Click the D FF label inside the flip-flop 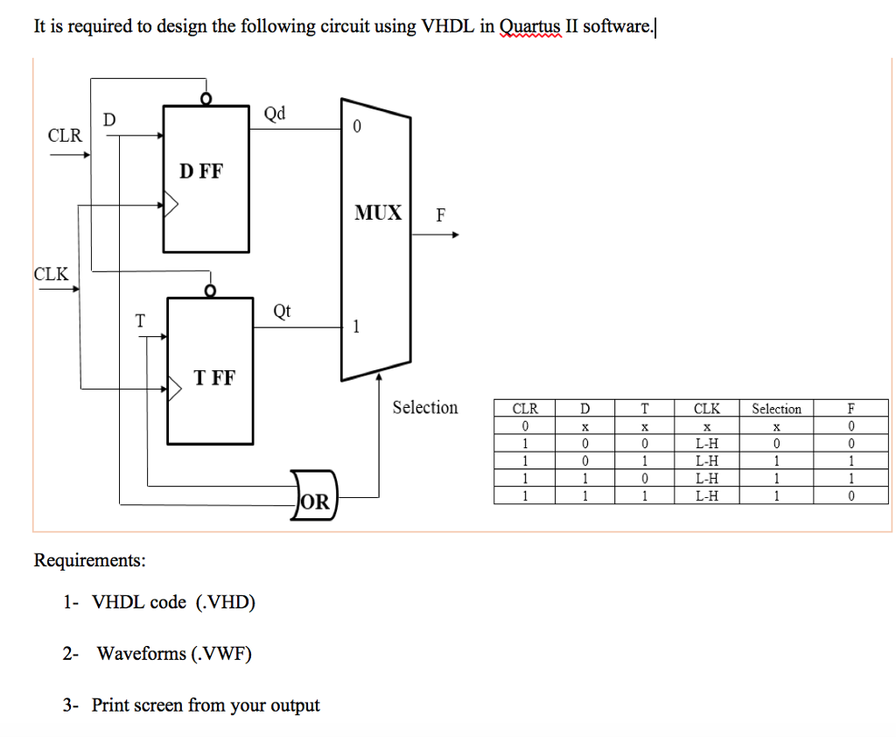click(201, 171)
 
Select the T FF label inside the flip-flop click(214, 378)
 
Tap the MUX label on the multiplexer click(378, 212)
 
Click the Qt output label click(283, 311)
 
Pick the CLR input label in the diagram click(65, 136)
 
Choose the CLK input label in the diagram click(51, 273)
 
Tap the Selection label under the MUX click(424, 407)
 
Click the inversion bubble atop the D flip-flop click(206, 99)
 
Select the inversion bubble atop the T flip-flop click(209, 291)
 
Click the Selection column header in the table click(776, 409)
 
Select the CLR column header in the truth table click(525, 409)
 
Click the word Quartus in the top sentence click(530, 26)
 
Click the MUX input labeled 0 click(356, 128)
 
